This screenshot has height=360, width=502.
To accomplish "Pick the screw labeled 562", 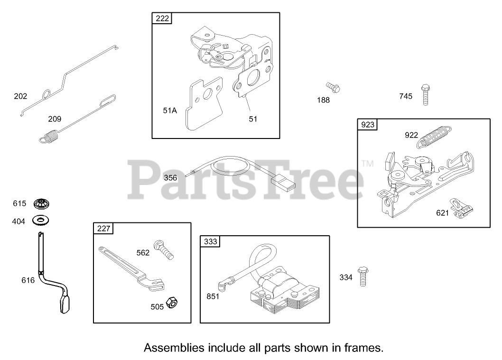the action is coord(164,249).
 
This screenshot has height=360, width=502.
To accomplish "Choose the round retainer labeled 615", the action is coord(42,204).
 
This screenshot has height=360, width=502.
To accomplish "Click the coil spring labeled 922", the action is coord(436,134).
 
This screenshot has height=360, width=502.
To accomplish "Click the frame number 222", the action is coord(162,19).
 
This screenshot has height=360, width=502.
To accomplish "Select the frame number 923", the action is coord(368,125).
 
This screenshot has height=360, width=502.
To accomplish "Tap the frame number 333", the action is coord(210,241).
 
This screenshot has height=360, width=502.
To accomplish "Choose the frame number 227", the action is coord(103,229).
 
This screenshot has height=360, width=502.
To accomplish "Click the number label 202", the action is coord(20,96).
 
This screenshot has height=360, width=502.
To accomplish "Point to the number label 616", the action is coord(28,280).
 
